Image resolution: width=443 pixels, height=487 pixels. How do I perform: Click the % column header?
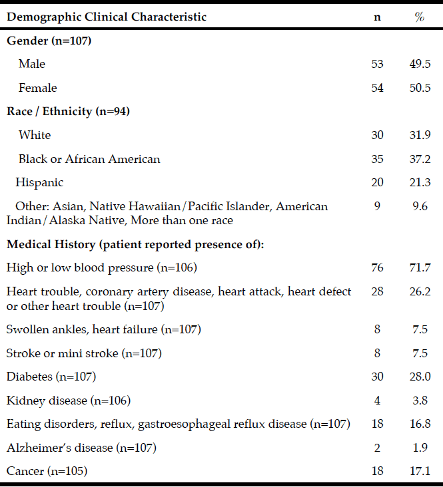pos(420,17)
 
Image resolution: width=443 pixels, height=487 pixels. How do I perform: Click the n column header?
pos(377,17)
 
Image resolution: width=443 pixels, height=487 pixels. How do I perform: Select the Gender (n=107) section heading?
pos(49,41)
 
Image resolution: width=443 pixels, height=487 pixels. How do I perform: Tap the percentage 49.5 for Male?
pos(420,64)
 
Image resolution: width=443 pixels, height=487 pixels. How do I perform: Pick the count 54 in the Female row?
pos(377,88)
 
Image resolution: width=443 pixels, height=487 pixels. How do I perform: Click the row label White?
pos(35,135)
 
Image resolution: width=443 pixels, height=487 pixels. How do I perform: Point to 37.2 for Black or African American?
pos(420,159)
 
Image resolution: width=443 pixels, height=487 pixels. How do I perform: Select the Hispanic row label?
pos(39,182)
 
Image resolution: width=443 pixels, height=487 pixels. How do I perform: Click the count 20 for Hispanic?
pos(377,182)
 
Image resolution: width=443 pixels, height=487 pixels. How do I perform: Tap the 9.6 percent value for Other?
pos(420,206)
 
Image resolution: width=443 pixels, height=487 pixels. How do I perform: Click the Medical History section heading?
pos(135,244)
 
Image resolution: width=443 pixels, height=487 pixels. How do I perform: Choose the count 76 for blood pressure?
pos(377,267)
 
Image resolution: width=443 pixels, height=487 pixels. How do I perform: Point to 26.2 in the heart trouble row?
pos(420,291)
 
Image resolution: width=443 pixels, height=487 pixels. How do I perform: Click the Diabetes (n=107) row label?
pos(51,377)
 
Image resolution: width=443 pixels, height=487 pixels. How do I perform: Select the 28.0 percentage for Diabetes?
pos(420,377)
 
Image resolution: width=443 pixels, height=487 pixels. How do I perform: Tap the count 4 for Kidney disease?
pos(377,401)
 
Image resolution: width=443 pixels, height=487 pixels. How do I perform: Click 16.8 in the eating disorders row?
pos(420,424)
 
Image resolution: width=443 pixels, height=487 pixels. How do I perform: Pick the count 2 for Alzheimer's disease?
pos(377,448)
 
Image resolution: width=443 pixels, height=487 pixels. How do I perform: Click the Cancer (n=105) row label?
pos(47,471)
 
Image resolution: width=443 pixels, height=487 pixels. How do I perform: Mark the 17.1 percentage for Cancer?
pos(420,471)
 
